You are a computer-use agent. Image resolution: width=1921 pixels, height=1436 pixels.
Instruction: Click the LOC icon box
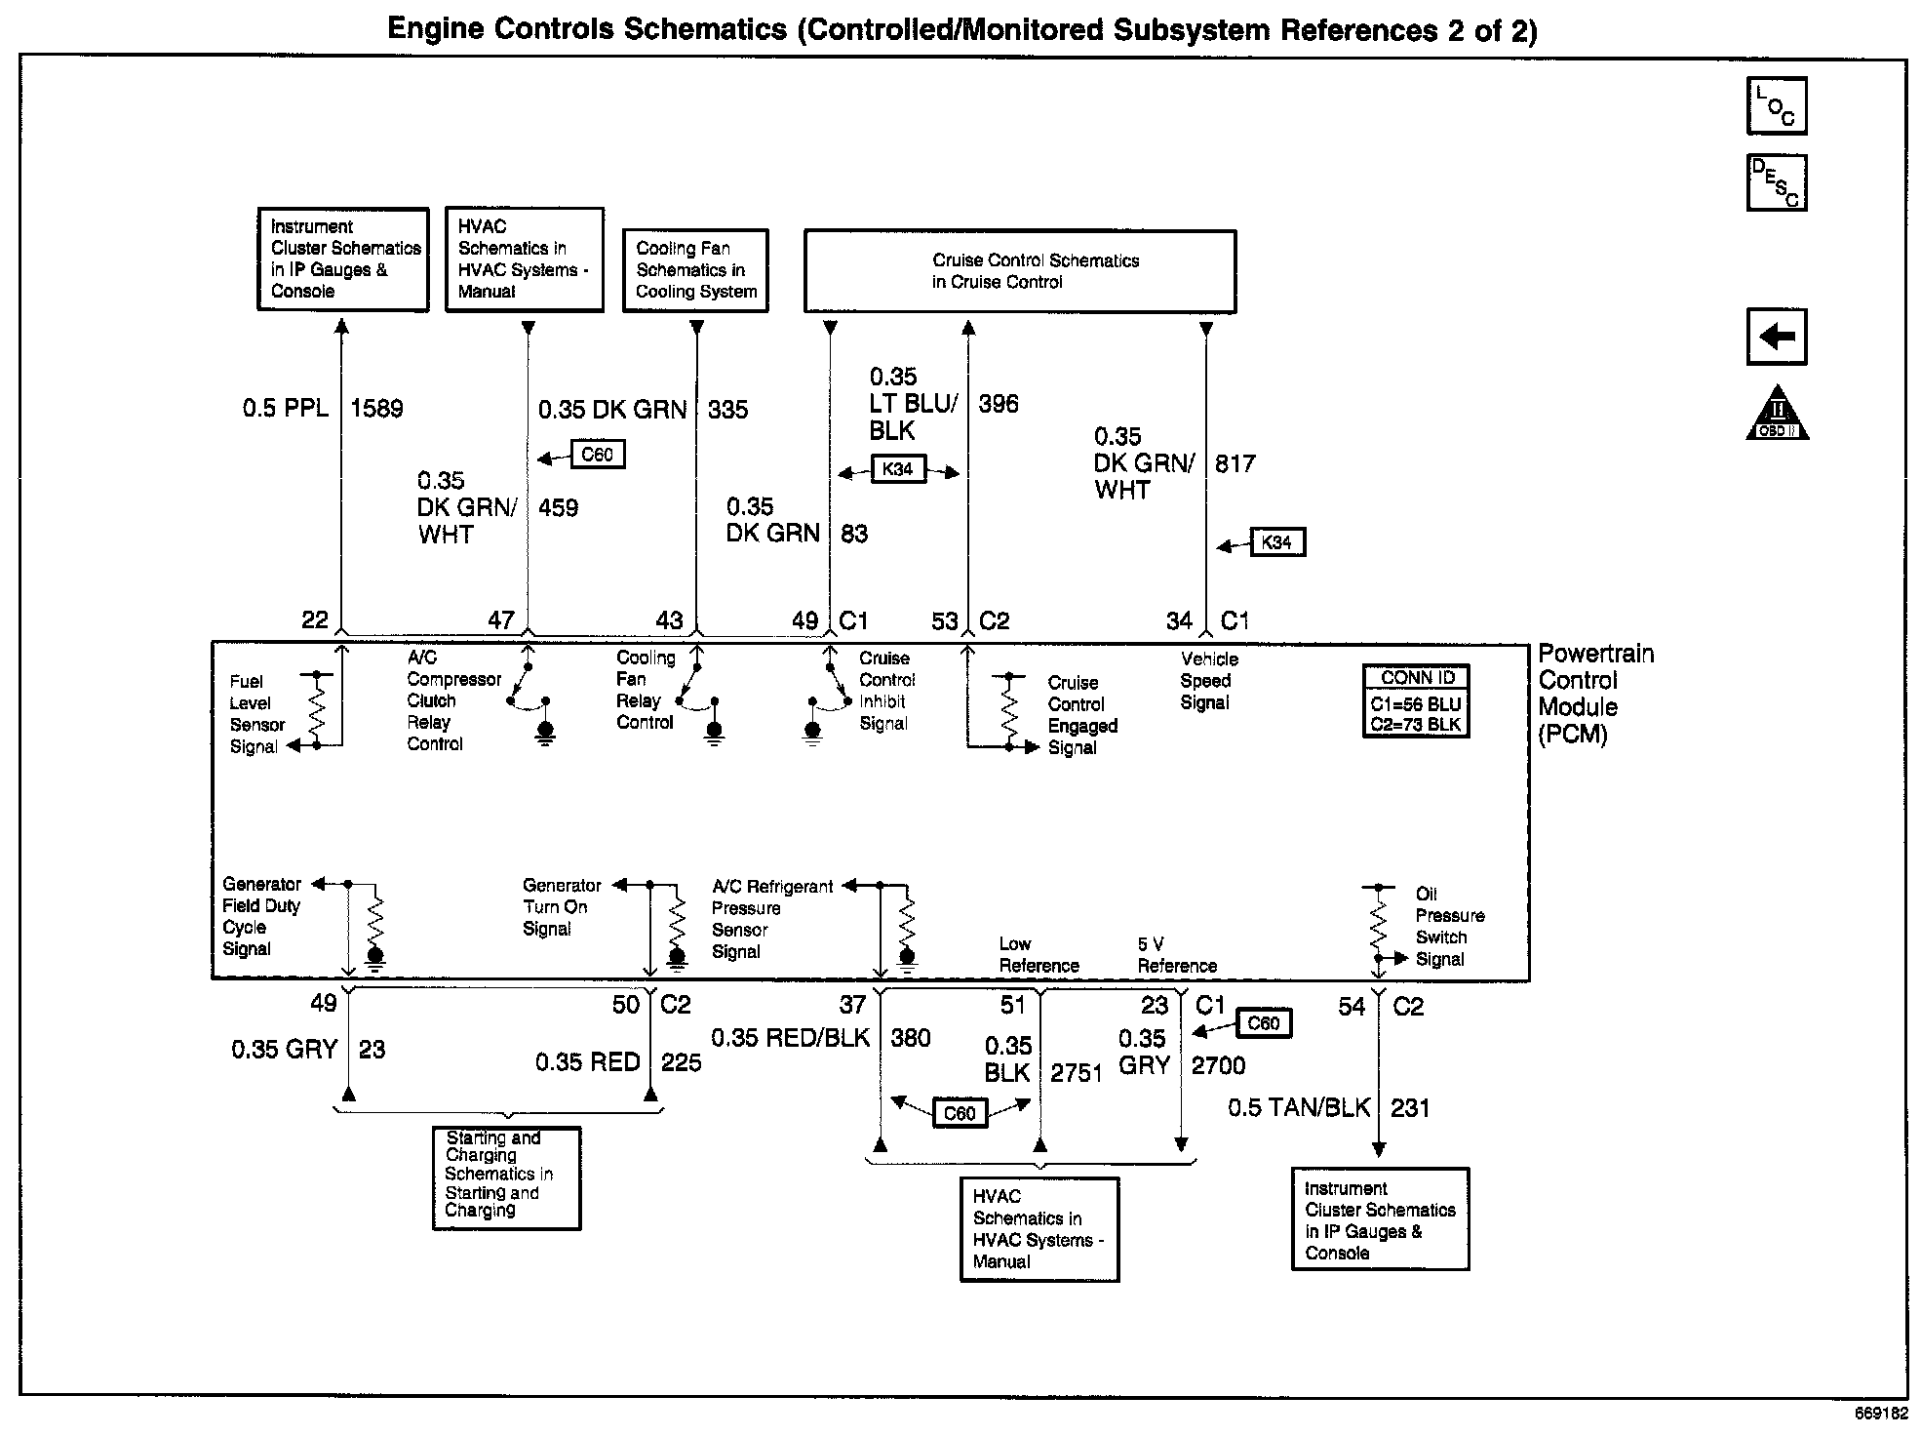coord(1777,105)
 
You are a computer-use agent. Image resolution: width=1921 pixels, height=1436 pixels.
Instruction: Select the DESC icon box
coord(1777,182)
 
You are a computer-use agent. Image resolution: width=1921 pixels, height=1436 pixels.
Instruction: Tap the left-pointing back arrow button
coord(1777,337)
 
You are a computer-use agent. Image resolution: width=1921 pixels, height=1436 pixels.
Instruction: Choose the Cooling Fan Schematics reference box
coord(695,270)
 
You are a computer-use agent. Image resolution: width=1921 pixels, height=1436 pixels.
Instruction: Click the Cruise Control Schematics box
coord(1019,271)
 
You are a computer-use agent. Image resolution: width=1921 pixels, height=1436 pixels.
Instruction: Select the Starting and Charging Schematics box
coord(506,1177)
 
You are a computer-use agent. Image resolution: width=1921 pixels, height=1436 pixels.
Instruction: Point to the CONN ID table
coord(1416,701)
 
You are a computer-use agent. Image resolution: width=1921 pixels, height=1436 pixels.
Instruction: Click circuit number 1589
coord(376,409)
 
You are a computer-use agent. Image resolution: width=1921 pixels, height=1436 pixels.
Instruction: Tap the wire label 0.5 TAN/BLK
coord(1299,1108)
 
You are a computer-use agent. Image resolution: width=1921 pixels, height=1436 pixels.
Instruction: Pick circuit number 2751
coord(1077,1073)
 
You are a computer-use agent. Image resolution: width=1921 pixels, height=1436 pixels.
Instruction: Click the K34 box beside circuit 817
coord(1275,542)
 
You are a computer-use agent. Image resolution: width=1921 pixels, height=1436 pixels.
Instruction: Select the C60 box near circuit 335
coord(597,455)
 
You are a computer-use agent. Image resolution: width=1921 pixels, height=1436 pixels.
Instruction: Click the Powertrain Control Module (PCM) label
coord(1595,694)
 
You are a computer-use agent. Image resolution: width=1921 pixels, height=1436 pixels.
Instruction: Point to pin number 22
coord(315,620)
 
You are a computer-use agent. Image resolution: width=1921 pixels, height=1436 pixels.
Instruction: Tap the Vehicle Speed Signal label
coord(1208,681)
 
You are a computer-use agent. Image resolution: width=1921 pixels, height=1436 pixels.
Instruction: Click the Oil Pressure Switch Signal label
coord(1449,927)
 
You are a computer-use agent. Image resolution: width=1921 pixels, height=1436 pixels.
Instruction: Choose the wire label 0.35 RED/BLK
coord(790,1038)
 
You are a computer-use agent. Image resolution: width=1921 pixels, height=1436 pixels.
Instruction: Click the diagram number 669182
coord(1880,1413)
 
